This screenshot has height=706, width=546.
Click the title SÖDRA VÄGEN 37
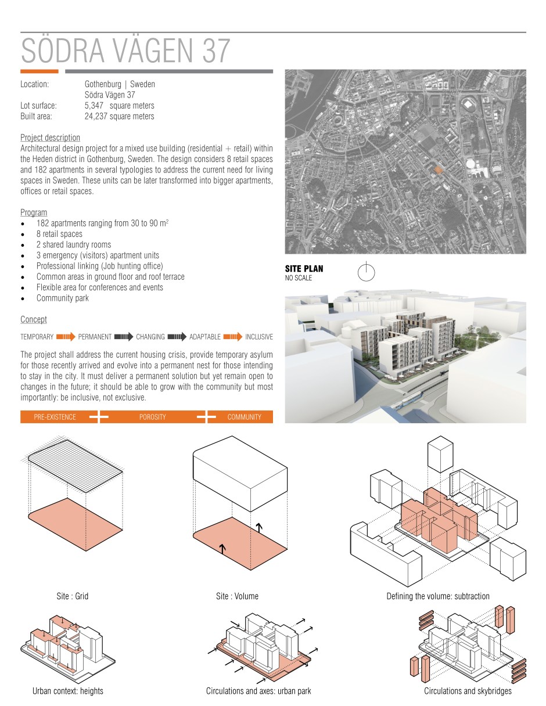[x=126, y=51]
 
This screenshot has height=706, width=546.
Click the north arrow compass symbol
[x=367, y=272]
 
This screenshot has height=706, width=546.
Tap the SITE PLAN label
[x=304, y=269]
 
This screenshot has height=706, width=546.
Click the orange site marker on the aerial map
[x=439, y=169]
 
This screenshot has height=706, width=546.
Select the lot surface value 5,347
[x=95, y=106]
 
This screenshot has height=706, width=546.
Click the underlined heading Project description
[x=50, y=138]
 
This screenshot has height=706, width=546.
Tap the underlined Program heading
[x=34, y=212]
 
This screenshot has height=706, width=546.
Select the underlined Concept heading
[x=34, y=320]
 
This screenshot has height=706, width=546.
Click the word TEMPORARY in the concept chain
[x=37, y=337]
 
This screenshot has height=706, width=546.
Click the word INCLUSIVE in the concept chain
[x=258, y=337]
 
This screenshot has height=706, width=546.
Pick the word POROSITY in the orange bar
[x=152, y=417]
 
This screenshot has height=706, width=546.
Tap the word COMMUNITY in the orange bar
[x=244, y=417]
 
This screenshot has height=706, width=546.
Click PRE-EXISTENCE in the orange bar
[x=55, y=417]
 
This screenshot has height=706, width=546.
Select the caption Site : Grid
[x=73, y=596]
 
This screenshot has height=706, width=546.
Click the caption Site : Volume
[x=237, y=596]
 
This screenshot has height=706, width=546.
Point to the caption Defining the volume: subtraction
[x=438, y=596]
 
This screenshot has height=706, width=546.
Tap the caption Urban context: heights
[x=68, y=691]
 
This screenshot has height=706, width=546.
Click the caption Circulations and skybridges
[x=468, y=691]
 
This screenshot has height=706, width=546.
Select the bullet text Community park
[x=63, y=298]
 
